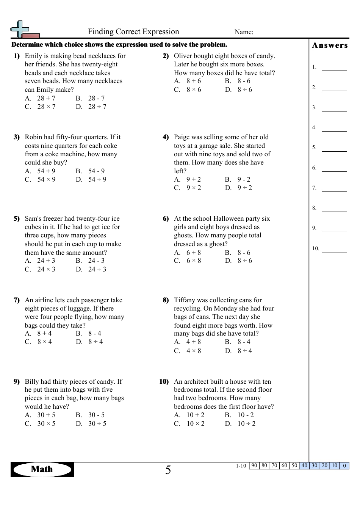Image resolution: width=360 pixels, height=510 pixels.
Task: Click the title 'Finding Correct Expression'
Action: tap(133, 32)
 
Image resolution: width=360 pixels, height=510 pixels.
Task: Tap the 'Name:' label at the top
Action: tap(244, 32)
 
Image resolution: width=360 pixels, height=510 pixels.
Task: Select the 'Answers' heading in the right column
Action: tap(330, 46)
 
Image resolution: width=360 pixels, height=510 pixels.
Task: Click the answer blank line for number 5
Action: tap(334, 151)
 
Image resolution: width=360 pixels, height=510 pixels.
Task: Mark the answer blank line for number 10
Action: tap(334, 251)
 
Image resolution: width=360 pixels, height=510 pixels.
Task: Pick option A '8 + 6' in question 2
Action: tap(193, 81)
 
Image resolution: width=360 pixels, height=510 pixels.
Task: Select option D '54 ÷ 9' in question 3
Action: tap(97, 180)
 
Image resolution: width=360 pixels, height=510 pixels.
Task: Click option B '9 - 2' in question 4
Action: tap(244, 180)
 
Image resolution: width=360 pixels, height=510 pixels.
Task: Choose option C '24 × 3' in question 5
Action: tap(46, 270)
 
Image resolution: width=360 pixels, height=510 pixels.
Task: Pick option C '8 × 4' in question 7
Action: tap(44, 342)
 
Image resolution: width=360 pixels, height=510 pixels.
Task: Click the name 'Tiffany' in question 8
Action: tap(185, 300)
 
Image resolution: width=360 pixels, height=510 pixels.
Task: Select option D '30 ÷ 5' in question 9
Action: tap(97, 424)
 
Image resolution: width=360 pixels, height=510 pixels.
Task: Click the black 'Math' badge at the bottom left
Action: tap(42, 469)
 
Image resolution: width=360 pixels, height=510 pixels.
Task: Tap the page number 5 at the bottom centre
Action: tap(168, 471)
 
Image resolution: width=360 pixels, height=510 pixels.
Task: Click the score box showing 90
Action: tap(254, 466)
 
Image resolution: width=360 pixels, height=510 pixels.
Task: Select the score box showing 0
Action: tap(344, 466)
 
